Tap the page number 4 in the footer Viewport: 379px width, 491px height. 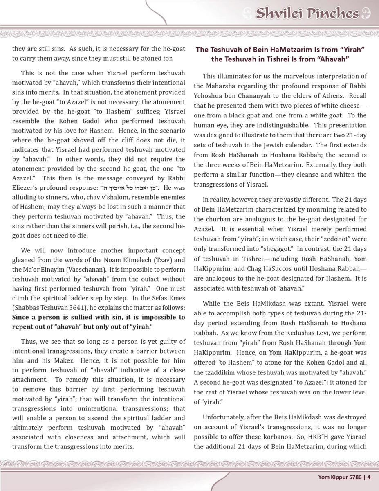[x=369, y=477]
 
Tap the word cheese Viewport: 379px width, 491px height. [x=351, y=106]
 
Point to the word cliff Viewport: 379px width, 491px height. [x=126, y=140]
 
